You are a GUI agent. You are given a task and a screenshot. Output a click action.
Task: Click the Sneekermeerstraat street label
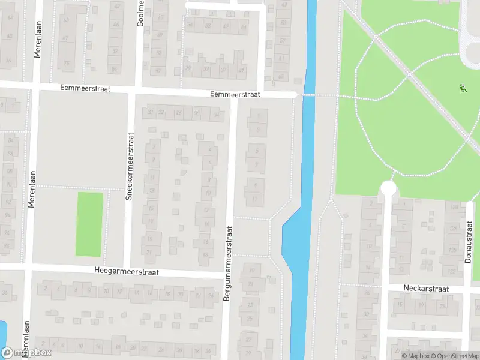click(x=129, y=166)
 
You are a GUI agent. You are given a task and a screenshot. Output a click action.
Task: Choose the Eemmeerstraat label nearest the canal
click(x=235, y=94)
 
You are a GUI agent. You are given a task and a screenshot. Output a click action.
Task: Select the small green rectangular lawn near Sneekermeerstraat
click(x=89, y=224)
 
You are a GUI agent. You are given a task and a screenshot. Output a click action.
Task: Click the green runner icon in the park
click(x=463, y=89)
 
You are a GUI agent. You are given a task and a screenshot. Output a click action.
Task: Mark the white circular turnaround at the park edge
click(x=388, y=189)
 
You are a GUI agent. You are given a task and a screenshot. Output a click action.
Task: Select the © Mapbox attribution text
click(x=415, y=356)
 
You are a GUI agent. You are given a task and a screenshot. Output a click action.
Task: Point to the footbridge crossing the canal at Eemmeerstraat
click(x=308, y=95)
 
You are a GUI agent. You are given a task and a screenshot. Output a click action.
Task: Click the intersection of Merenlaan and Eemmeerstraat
click(x=37, y=86)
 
